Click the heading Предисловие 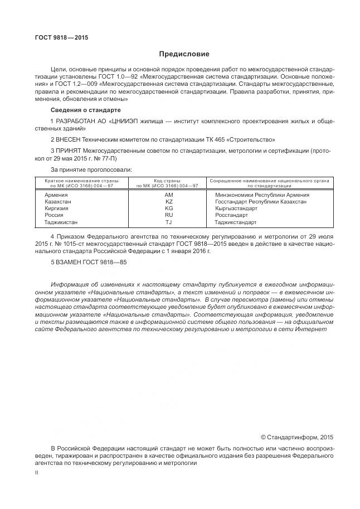coord(184,54)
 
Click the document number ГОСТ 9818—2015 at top coord(62,38)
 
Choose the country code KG coord(169,208)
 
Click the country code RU coord(169,215)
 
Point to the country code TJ coord(169,222)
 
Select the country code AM coord(169,195)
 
